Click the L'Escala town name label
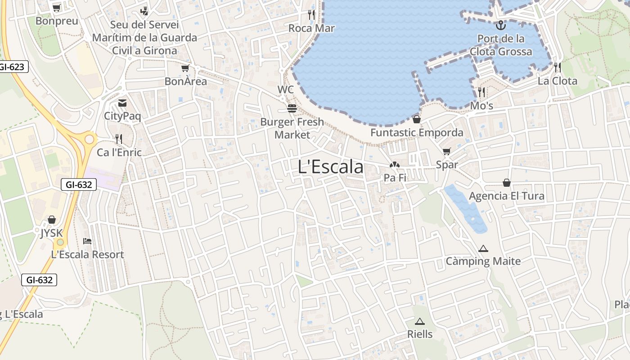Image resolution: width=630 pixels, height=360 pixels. click(330, 167)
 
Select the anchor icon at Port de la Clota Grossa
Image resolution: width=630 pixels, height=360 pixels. click(500, 25)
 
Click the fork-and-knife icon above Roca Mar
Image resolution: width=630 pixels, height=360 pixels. click(311, 14)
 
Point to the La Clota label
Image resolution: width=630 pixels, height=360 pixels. click(557, 81)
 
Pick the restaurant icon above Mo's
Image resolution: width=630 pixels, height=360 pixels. click(481, 92)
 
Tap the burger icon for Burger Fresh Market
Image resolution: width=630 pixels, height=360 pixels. click(292, 108)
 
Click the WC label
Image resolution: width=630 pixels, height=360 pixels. click(285, 90)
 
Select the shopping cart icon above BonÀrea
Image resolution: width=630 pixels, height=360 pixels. click(185, 68)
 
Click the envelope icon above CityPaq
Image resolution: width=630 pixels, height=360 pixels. click(122, 103)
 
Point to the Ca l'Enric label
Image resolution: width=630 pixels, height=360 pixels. click(119, 153)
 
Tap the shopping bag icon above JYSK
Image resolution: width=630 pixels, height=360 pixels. click(52, 220)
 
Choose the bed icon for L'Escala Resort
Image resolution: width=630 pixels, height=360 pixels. click(87, 241)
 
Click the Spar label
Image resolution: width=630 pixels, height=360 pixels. click(446, 165)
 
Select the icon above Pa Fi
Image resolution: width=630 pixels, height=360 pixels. click(395, 165)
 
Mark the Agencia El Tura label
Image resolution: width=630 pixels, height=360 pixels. click(506, 196)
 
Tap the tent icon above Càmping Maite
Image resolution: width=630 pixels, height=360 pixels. click(483, 248)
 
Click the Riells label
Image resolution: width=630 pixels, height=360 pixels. click(420, 334)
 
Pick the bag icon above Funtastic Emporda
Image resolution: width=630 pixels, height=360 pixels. click(417, 119)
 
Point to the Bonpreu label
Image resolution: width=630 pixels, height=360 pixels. click(57, 21)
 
